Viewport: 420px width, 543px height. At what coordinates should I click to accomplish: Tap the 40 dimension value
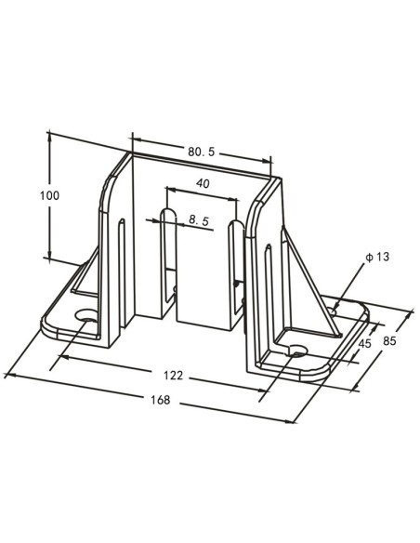pyautogui.click(x=203, y=184)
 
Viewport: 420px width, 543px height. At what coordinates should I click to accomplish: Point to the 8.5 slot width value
pyautogui.click(x=198, y=219)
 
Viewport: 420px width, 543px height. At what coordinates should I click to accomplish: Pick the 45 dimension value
pyautogui.click(x=364, y=344)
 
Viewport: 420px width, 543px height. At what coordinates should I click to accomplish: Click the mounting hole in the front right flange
pyautogui.click(x=296, y=351)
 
